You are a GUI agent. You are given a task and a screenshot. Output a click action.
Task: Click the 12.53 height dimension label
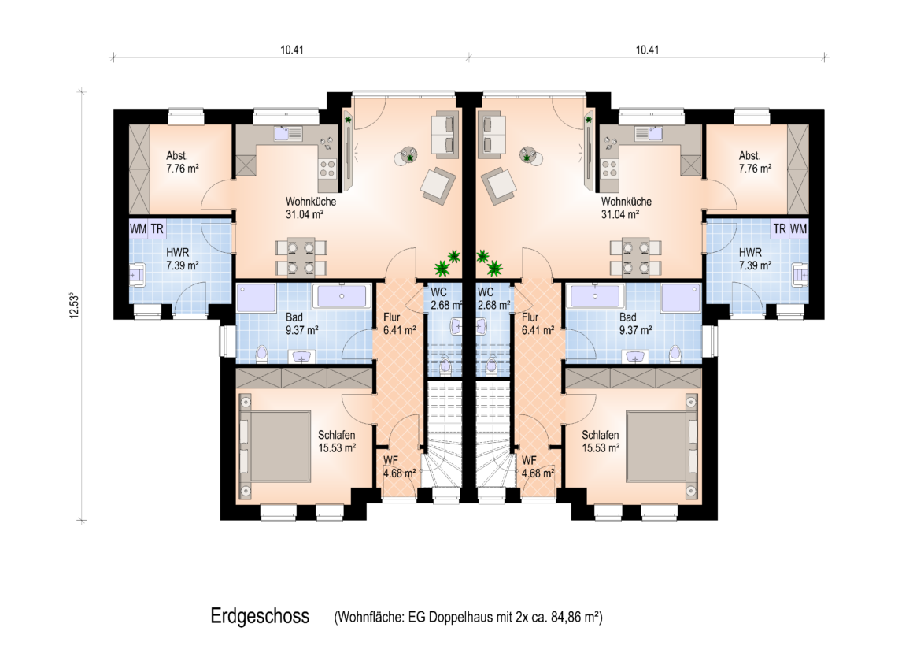(x=73, y=306)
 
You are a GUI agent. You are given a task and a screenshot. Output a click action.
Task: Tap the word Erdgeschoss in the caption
(x=260, y=616)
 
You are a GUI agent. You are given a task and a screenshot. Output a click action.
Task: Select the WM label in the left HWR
(x=138, y=229)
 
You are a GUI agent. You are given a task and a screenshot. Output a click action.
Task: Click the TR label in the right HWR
(x=779, y=229)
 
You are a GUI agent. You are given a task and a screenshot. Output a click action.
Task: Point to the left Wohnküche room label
(x=310, y=207)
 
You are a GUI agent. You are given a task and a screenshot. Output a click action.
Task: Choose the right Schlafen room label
(x=601, y=441)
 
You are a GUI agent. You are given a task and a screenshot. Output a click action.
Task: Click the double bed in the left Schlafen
(x=274, y=446)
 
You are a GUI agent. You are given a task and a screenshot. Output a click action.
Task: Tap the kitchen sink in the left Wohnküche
(x=288, y=133)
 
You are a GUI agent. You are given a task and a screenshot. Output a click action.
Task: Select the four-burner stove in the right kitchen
(x=609, y=169)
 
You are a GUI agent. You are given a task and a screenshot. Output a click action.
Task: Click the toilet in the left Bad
(x=261, y=354)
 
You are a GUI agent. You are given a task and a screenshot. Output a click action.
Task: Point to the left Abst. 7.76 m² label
(x=183, y=162)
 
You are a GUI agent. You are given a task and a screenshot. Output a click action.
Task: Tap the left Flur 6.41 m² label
(x=400, y=324)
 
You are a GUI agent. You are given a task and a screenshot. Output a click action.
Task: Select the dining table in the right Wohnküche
(x=636, y=257)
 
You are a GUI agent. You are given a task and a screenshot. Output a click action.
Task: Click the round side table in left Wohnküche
(x=406, y=156)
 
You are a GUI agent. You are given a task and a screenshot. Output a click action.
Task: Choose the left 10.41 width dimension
(x=292, y=50)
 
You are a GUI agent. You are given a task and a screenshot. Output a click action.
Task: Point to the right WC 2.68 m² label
(x=493, y=299)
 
